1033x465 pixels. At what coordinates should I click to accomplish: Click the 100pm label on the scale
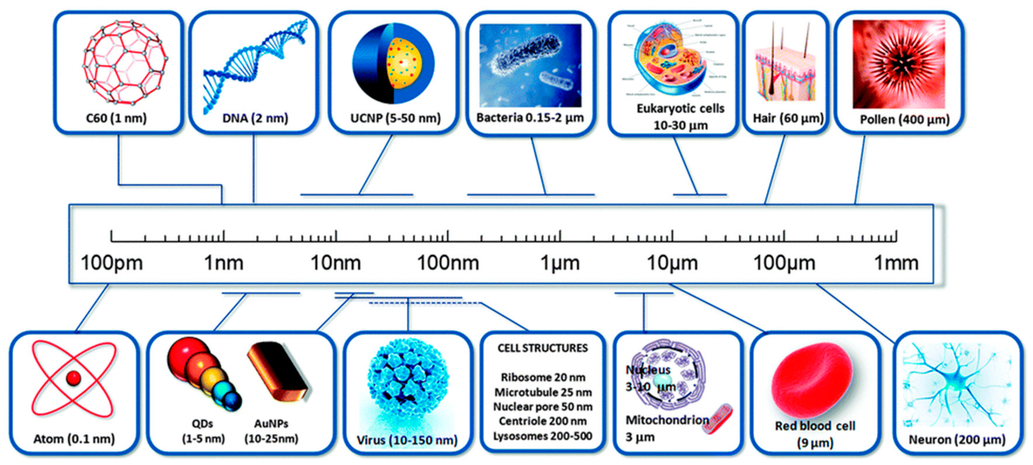111,263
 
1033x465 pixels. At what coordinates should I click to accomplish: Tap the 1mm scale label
896,263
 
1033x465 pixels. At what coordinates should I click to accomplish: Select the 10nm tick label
335,263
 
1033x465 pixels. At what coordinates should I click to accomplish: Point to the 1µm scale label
560,263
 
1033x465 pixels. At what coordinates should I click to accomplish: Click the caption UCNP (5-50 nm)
395,118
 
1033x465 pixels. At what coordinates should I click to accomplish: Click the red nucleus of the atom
73,378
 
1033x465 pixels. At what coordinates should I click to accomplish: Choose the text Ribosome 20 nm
543,377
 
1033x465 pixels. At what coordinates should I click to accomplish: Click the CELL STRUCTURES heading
543,348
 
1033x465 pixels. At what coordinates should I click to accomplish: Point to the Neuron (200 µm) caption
957,440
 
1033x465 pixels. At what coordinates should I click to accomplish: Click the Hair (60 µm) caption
788,118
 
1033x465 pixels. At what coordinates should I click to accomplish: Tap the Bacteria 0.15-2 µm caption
530,117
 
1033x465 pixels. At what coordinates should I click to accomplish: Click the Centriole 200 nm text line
543,421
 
